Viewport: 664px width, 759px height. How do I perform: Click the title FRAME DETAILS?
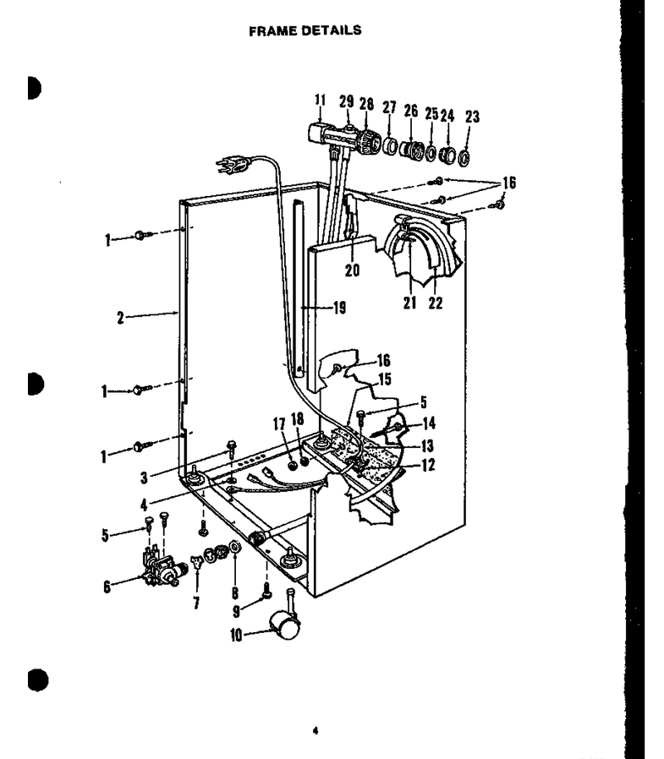point(305,30)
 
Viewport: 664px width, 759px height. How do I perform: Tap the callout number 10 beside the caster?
point(236,635)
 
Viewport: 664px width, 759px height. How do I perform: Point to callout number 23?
point(472,117)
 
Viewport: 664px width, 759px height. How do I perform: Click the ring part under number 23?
point(464,157)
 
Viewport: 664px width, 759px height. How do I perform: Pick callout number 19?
point(340,308)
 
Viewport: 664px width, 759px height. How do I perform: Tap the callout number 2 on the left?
point(120,318)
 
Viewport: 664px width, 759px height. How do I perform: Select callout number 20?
point(352,270)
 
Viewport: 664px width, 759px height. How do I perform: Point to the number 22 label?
point(436,303)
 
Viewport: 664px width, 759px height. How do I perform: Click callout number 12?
point(428,465)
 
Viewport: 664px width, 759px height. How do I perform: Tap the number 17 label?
point(279,424)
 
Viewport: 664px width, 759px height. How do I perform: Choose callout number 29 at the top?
point(346,101)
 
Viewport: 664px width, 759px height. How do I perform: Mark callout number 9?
point(236,611)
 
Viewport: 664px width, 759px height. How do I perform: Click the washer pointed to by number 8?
point(235,547)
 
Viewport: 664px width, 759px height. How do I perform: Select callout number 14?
point(429,423)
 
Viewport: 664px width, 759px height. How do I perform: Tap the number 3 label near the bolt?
point(144,478)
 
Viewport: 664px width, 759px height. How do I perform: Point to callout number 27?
point(389,107)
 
